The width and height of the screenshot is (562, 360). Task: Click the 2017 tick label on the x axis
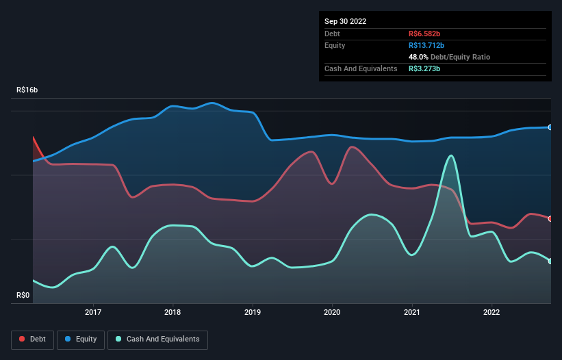(93, 312)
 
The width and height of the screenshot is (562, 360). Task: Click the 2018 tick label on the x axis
(173, 312)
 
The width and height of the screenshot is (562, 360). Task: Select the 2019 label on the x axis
(253, 312)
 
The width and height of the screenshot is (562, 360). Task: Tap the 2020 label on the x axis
(332, 312)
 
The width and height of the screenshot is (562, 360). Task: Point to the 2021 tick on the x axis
(412, 312)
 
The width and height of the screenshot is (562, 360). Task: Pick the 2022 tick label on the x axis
(491, 312)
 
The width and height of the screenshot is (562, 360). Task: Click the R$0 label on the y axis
(23, 295)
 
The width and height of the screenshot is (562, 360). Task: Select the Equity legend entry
(80, 339)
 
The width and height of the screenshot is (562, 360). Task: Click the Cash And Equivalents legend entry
(157, 339)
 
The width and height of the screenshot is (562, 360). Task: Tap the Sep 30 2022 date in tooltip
(345, 21)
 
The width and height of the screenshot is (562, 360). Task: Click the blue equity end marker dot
(550, 127)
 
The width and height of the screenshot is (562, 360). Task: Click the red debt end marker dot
(550, 218)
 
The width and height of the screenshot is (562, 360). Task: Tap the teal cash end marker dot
(550, 261)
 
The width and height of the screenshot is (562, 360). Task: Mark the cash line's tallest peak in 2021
(450, 155)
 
